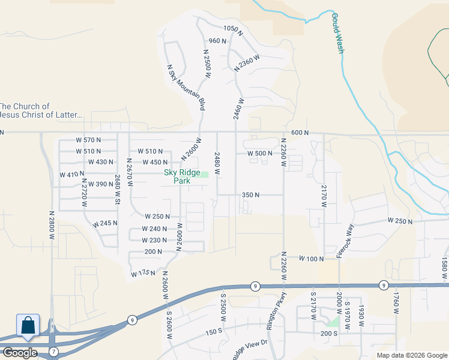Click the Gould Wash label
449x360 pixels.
point(337,33)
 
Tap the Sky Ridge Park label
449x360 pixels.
point(182,176)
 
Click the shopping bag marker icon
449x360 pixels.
point(28,326)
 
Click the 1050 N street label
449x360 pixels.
point(233,29)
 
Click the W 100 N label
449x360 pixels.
point(312,259)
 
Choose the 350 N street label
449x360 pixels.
point(250,195)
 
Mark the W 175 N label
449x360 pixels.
point(143,274)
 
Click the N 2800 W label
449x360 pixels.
point(52,225)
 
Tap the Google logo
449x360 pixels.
point(20,353)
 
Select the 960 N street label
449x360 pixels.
point(217,41)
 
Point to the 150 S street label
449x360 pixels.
point(214,332)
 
